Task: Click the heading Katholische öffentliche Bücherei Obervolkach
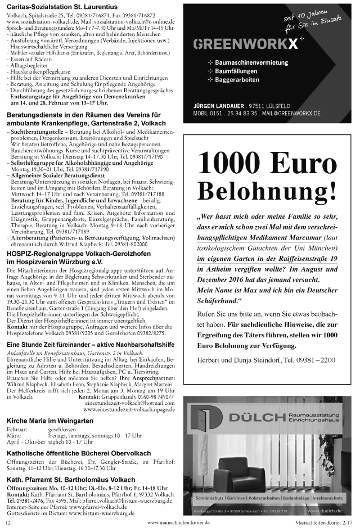coord(79,453)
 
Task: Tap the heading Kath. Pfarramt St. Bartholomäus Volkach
coord(71,479)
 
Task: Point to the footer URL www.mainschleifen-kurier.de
coord(175,522)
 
